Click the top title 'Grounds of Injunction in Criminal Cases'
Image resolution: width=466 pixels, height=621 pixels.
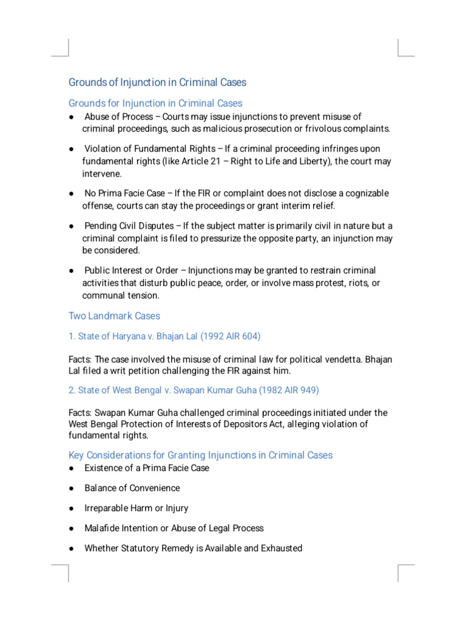click(x=157, y=82)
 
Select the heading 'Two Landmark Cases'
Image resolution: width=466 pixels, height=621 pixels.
click(x=114, y=316)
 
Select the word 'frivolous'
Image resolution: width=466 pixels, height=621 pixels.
click(x=319, y=129)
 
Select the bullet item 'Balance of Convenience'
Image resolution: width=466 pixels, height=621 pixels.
click(x=132, y=488)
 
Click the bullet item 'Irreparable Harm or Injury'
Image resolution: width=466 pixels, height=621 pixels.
click(x=137, y=508)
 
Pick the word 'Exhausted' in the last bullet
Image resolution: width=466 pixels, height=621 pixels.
click(x=281, y=548)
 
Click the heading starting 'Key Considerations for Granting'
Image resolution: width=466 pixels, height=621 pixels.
click(x=201, y=455)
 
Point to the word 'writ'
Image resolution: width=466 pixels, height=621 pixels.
click(x=126, y=371)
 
